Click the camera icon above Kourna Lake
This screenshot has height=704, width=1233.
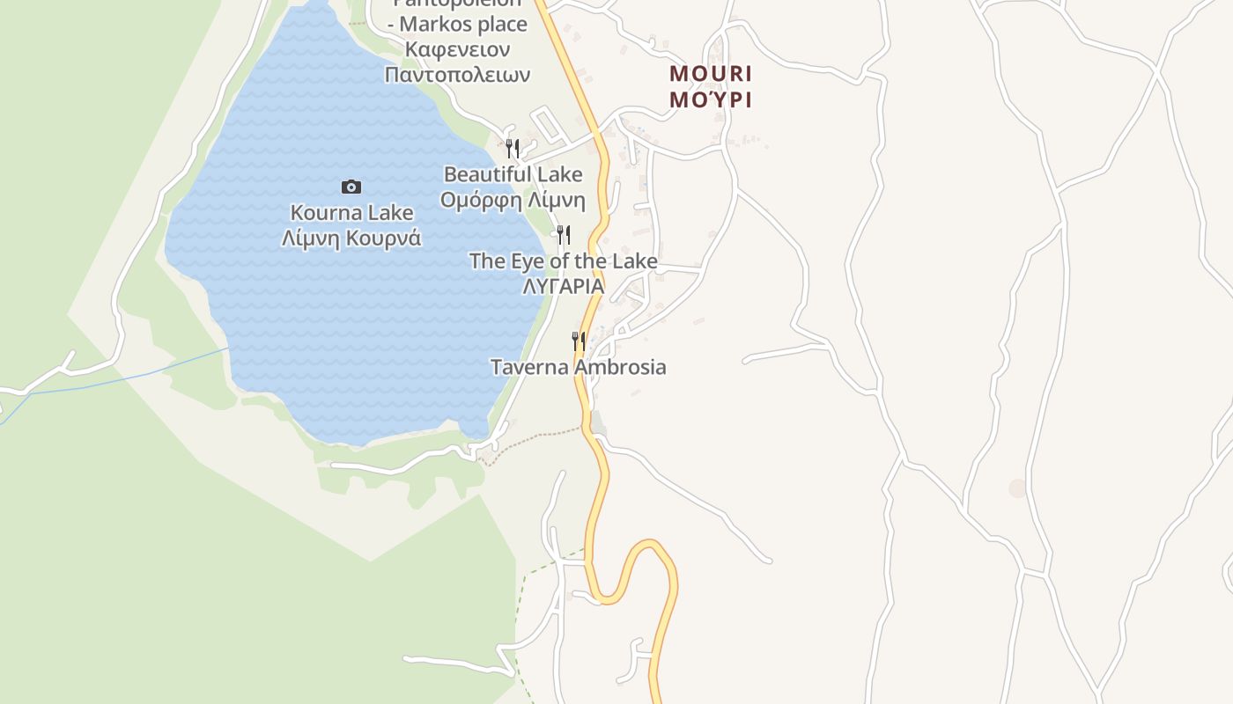[351, 187]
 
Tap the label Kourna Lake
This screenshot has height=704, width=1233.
[351, 213]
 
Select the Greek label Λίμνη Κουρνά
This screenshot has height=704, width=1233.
[351, 238]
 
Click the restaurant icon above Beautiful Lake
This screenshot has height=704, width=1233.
[513, 148]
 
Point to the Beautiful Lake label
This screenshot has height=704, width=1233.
[513, 174]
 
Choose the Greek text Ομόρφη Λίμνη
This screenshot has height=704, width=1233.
[513, 200]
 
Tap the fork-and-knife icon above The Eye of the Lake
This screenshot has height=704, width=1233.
[564, 235]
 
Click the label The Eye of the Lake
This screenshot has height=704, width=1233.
[564, 261]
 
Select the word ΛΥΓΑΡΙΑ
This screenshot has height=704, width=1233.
[564, 286]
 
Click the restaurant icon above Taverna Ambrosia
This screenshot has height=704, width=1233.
[579, 341]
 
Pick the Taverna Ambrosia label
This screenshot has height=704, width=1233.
[579, 367]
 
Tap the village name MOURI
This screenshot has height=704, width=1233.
[711, 73]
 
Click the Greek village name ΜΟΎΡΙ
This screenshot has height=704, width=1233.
[711, 99]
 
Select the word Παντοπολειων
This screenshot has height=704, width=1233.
[457, 75]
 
